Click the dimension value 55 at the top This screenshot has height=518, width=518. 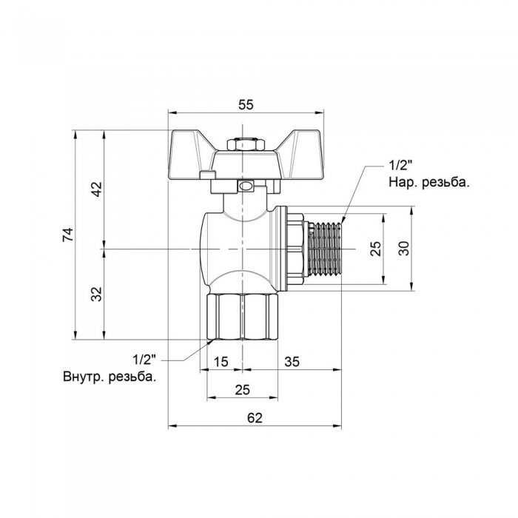pos(246,105)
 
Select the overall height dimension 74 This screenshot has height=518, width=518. pos(68,236)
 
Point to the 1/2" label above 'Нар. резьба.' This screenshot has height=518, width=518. pos(399,165)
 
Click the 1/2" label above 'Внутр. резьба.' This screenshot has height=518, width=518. pos(145,360)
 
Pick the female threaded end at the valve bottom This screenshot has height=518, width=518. pos(242,317)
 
